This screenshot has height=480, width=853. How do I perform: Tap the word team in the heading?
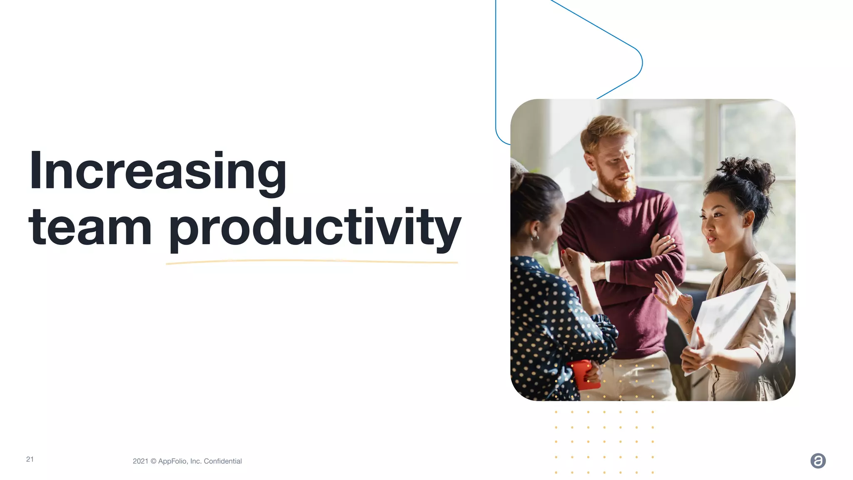tap(90, 227)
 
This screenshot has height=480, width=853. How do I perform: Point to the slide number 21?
tap(30, 459)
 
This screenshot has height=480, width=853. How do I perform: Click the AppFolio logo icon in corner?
tap(818, 461)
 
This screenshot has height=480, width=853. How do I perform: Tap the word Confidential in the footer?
tap(222, 461)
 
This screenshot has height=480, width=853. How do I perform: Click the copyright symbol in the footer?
tap(153, 461)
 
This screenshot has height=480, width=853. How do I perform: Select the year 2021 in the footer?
tap(140, 461)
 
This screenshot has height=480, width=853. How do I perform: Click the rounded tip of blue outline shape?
tap(641, 62)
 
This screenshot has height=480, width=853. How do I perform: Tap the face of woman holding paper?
tap(721, 225)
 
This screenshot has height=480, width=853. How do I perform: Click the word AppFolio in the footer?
tap(173, 461)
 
